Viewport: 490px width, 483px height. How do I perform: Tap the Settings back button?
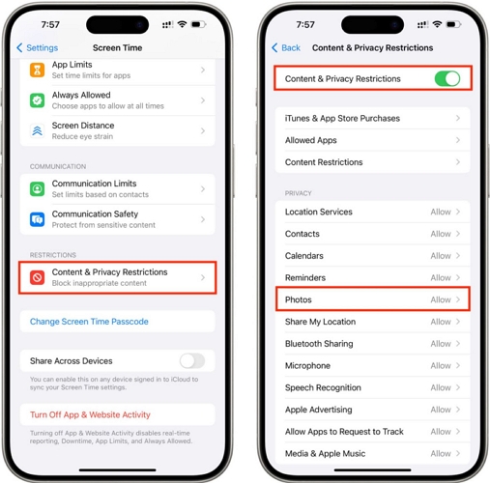(x=38, y=47)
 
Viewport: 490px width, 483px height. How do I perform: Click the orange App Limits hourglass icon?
(x=37, y=70)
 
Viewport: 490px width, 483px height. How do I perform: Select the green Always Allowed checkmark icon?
(x=37, y=100)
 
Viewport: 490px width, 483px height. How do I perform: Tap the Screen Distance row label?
(x=83, y=126)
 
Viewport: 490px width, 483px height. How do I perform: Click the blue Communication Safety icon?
(x=37, y=219)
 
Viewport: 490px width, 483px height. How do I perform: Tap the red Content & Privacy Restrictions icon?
(x=37, y=278)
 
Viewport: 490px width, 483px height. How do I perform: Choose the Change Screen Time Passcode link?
(x=89, y=322)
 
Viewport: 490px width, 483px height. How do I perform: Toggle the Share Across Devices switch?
(x=191, y=360)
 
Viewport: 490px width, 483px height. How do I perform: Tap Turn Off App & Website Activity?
(x=91, y=414)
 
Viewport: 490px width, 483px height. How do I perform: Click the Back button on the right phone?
(x=286, y=47)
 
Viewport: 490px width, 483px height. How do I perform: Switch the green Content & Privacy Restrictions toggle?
(x=447, y=78)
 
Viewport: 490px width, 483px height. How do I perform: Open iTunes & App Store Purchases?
(x=342, y=119)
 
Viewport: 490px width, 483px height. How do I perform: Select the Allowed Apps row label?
(x=311, y=140)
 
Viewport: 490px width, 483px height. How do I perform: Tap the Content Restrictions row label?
(x=324, y=162)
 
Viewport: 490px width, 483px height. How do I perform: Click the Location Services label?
(x=319, y=212)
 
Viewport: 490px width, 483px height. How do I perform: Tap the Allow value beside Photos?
(x=441, y=300)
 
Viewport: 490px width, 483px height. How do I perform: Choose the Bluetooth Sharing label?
(x=319, y=344)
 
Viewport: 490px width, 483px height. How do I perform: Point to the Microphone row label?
(x=308, y=366)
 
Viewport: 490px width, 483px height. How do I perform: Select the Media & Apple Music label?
(x=326, y=454)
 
